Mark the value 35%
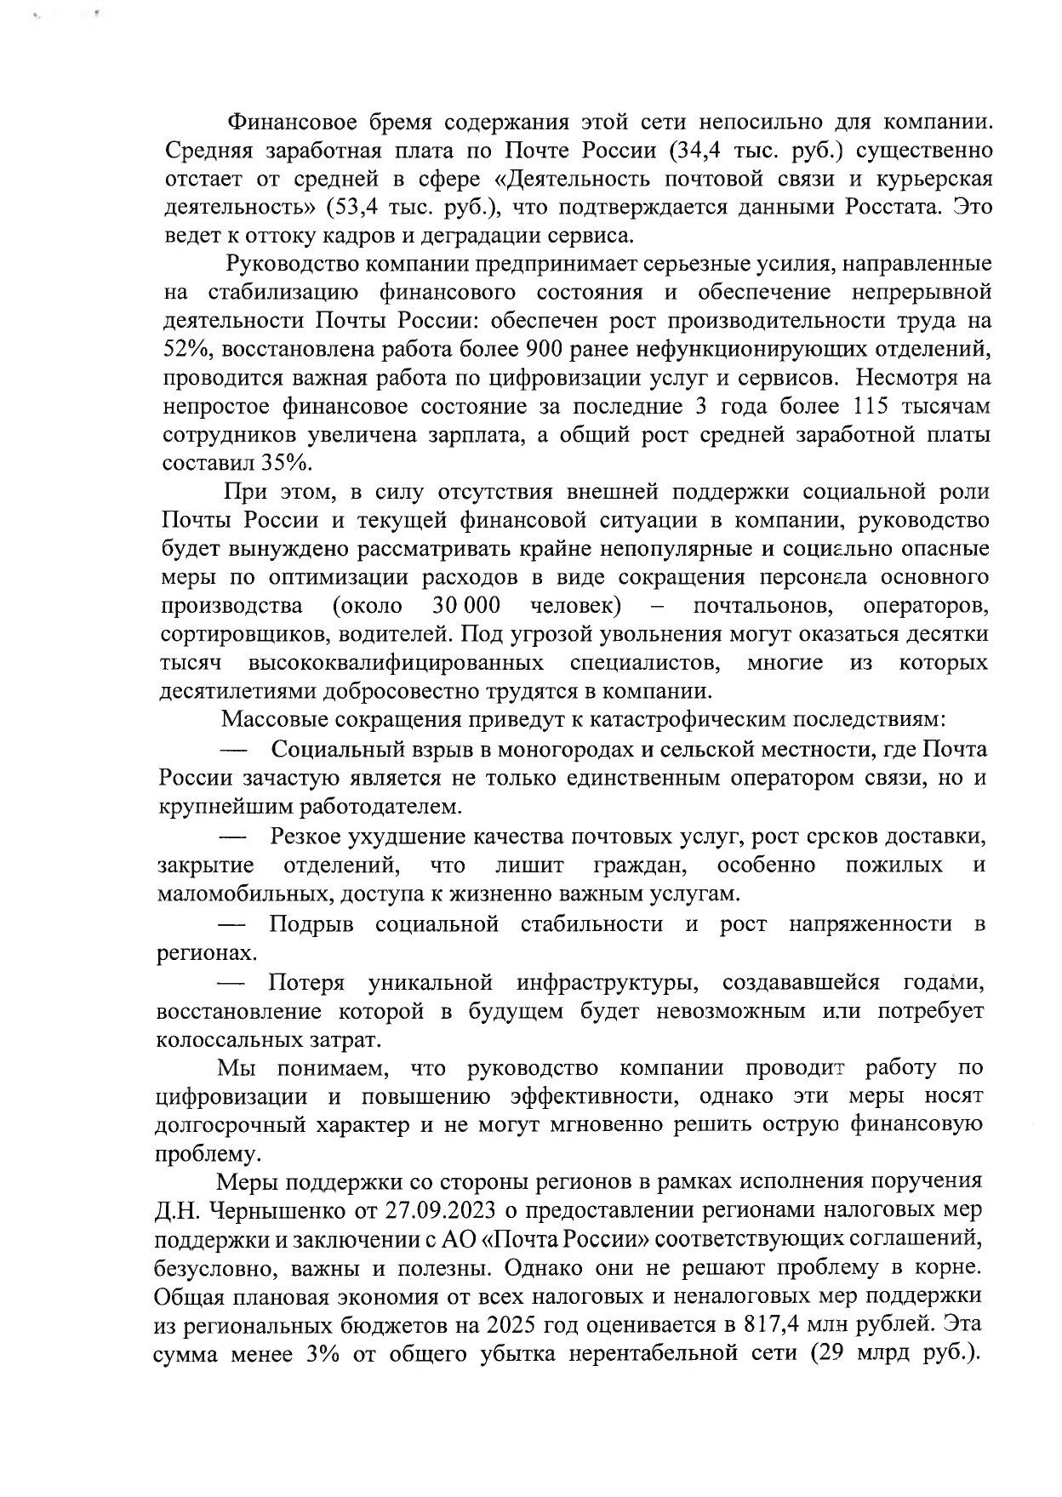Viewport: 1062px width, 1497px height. [x=289, y=463]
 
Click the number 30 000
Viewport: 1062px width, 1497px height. [x=465, y=606]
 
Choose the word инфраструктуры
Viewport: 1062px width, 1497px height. [x=608, y=983]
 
